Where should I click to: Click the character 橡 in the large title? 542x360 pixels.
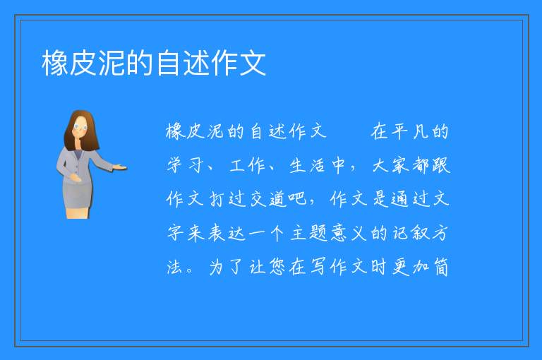click(55, 64)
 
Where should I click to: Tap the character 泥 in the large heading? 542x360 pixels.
click(112, 64)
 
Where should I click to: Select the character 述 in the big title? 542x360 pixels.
click(196, 64)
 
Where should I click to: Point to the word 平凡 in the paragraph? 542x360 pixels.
click(410, 132)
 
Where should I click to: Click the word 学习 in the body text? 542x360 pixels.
click(185, 165)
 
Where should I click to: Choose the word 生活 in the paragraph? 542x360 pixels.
click(307, 165)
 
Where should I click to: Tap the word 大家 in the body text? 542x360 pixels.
click(390, 165)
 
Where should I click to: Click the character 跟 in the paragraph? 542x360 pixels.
click(440, 165)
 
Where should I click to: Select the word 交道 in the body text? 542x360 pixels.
click(268, 199)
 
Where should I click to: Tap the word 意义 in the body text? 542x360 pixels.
click(349, 233)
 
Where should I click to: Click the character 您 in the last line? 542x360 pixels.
click(277, 267)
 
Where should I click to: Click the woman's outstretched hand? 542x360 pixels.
click(119, 168)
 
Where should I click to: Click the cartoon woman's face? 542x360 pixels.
click(80, 127)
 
